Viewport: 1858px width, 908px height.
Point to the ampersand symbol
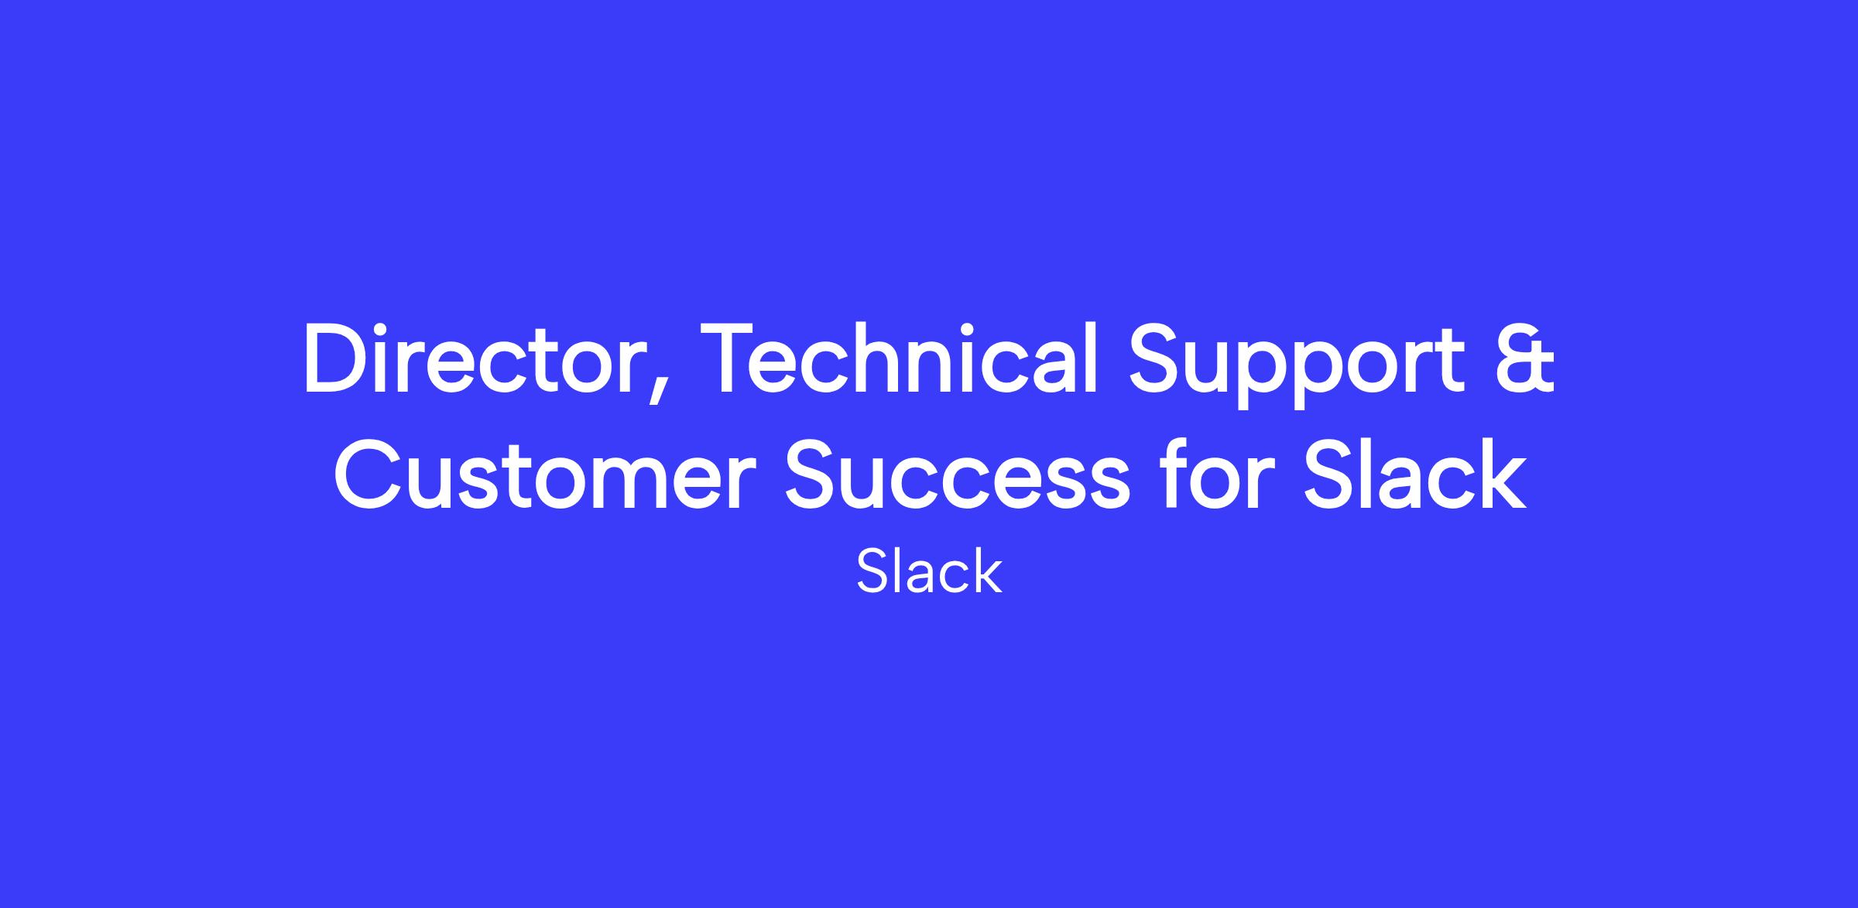[1524, 359]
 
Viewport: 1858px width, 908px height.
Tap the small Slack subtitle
[929, 570]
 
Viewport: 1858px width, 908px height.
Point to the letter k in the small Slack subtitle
[987, 570]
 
